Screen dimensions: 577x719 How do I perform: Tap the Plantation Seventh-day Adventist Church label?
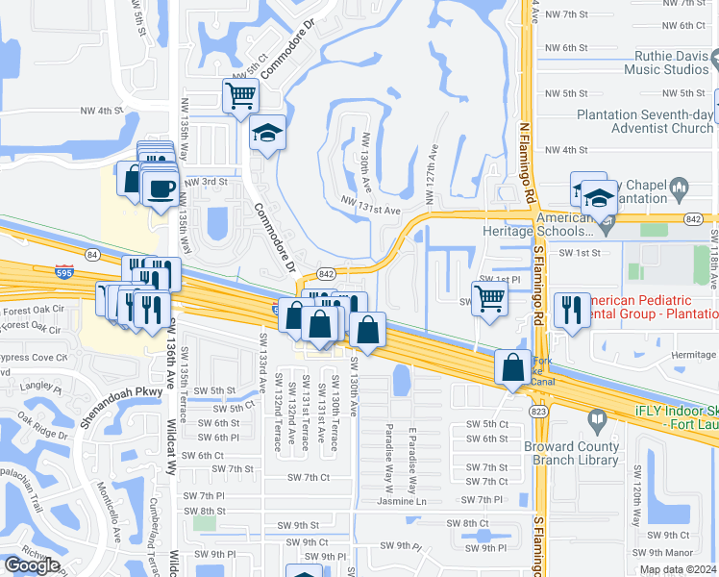click(x=645, y=121)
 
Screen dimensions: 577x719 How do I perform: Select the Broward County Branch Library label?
click(x=571, y=453)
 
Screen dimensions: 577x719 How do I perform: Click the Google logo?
click(x=32, y=565)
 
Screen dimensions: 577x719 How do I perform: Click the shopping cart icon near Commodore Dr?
click(x=240, y=95)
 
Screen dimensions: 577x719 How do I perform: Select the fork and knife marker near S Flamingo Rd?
click(x=572, y=309)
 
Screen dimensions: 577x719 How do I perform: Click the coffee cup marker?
click(x=160, y=187)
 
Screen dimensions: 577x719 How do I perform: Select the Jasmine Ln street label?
click(x=401, y=501)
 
